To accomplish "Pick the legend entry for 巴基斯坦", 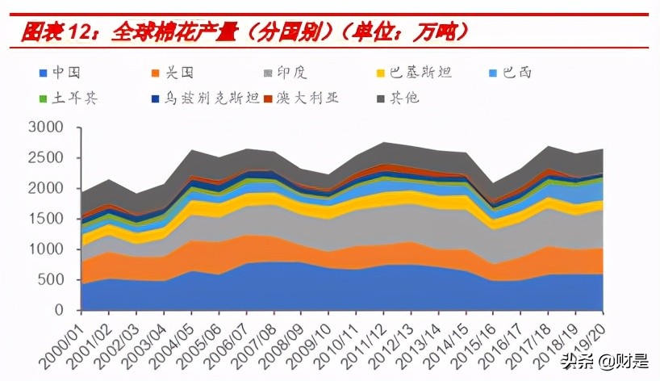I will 420,73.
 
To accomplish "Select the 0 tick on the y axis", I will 58,310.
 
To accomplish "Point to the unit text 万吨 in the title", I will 440,32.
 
